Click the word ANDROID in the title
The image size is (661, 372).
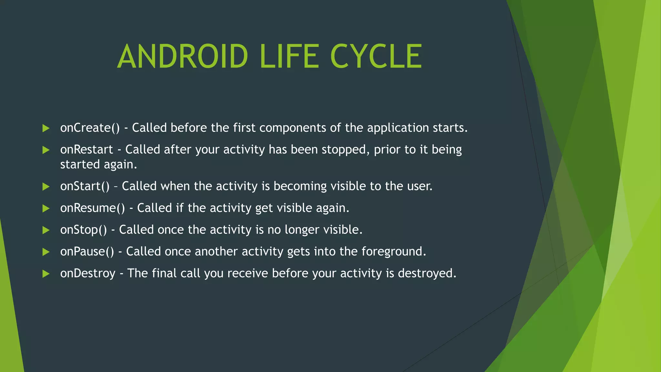(x=183, y=57)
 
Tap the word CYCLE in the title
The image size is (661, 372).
(x=376, y=57)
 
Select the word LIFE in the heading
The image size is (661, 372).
(x=289, y=57)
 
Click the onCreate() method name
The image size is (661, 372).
(x=90, y=128)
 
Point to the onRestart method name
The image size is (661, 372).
(x=86, y=150)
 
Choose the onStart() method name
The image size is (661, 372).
(x=85, y=186)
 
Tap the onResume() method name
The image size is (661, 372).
(x=92, y=208)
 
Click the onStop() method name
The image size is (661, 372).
(x=83, y=230)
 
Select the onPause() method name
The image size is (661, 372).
(x=87, y=252)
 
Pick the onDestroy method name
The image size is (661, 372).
(x=88, y=274)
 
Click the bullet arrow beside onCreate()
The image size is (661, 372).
(x=46, y=129)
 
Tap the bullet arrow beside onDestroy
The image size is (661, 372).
(x=46, y=274)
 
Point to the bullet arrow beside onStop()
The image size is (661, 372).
(x=46, y=230)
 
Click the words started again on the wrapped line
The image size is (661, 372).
(x=98, y=165)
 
